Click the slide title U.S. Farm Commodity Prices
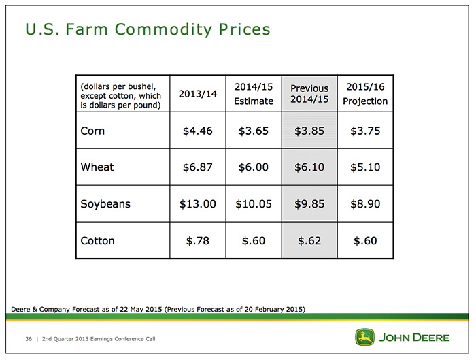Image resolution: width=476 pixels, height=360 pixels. click(148, 30)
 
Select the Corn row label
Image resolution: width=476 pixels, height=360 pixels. click(92, 131)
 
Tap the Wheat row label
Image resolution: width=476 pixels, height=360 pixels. click(97, 167)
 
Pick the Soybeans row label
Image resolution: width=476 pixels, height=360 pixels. click(105, 204)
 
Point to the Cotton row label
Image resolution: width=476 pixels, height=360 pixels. click(97, 241)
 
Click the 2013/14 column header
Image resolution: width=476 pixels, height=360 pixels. click(198, 94)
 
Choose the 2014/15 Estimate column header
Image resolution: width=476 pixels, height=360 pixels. click(254, 94)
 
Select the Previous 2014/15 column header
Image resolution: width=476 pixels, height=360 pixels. click(309, 94)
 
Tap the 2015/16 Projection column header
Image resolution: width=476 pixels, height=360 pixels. click(365, 94)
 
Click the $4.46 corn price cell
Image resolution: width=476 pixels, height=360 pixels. click(198, 131)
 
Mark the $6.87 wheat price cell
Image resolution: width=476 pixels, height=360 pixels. click(198, 167)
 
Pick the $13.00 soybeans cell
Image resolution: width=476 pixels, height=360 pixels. click(198, 204)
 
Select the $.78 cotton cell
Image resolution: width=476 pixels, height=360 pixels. click(198, 241)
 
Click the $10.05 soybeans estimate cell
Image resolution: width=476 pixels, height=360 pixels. click(254, 204)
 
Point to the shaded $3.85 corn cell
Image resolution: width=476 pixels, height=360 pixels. click(309, 131)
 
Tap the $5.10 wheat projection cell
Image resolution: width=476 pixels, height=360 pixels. click(365, 167)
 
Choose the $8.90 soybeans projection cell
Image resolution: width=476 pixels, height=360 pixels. click(365, 204)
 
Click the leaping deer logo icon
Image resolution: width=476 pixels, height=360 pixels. click(364, 337)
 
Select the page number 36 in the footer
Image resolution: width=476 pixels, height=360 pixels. click(29, 339)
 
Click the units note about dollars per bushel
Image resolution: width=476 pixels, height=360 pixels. click(120, 96)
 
